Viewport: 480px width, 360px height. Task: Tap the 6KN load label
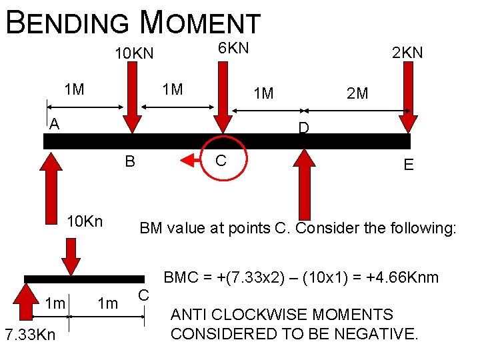click(x=233, y=47)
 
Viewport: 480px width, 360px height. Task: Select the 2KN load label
click(x=407, y=53)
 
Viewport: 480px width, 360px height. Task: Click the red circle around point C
click(x=223, y=159)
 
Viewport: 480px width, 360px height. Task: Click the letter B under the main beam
click(x=130, y=161)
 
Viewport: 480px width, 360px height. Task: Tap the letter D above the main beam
click(x=303, y=127)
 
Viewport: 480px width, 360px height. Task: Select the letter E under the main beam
click(x=408, y=164)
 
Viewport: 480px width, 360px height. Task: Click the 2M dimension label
click(x=357, y=93)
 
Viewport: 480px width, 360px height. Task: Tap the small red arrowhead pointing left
click(x=189, y=159)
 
